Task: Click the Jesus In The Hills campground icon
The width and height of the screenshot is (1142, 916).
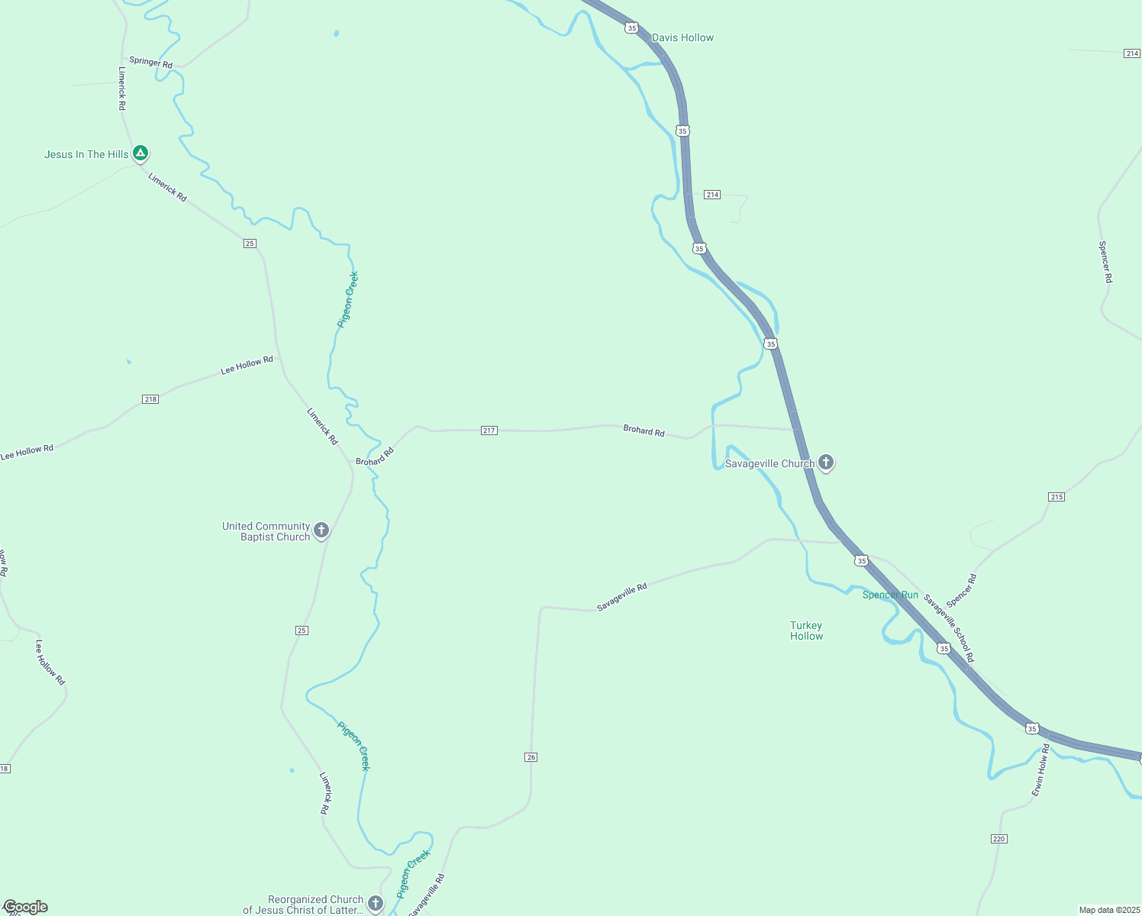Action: point(140,153)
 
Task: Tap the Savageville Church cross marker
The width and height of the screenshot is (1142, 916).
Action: point(825,462)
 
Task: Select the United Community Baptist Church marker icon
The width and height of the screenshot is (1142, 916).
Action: point(321,531)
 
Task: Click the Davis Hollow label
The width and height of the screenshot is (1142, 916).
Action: point(682,37)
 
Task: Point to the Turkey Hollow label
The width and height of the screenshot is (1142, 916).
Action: point(806,631)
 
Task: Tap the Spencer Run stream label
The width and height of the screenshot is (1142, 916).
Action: point(890,595)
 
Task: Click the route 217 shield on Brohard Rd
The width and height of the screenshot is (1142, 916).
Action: point(489,431)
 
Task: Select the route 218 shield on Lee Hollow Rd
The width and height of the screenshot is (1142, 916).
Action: point(150,399)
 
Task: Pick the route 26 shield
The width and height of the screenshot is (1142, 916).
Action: point(531,757)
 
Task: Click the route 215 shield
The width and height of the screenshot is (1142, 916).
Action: point(1057,497)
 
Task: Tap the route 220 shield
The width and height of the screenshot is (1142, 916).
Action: point(999,839)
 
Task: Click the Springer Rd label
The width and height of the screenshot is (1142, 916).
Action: point(151,62)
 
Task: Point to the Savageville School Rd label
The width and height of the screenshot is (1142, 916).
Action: point(949,628)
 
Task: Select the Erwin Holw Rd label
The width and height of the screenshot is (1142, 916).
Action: point(1040,771)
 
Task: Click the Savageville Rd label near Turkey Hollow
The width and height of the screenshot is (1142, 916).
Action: point(621,597)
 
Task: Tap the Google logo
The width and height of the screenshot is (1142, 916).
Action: point(25,907)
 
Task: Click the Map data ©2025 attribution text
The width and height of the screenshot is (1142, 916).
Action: point(1108,910)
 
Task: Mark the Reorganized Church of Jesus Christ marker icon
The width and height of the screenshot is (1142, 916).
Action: point(375,904)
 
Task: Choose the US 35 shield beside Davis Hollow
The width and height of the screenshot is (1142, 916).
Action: point(631,27)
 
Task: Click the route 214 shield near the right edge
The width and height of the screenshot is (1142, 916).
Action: point(1131,53)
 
